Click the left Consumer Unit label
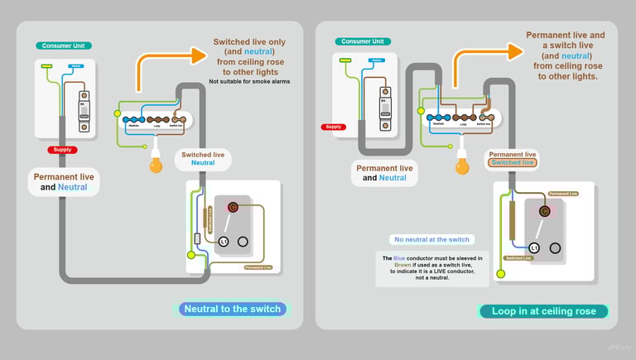[64, 46]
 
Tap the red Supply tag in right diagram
[334, 127]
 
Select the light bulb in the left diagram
[155, 165]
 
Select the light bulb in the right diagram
[462, 166]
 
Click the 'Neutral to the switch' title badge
[233, 309]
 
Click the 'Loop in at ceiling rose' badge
[543, 311]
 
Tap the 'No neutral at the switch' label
[431, 240]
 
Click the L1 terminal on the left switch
[223, 241]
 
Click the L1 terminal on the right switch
[534, 247]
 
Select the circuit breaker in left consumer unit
[84, 110]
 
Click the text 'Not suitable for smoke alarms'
[249, 81]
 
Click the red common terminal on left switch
[234, 207]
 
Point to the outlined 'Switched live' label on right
[512, 162]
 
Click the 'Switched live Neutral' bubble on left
[203, 159]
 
